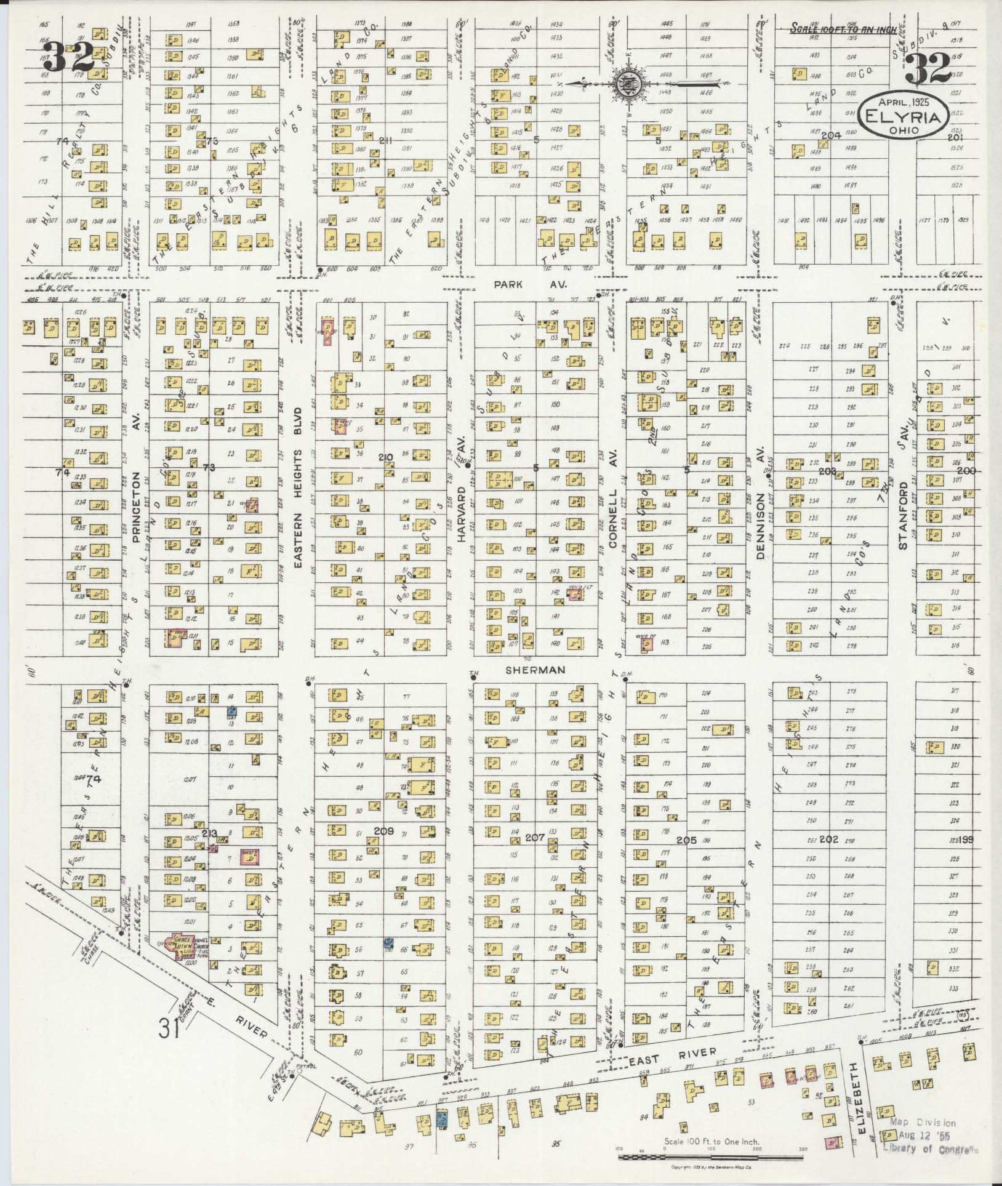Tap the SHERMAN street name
click(534, 670)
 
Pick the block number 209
click(384, 831)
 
